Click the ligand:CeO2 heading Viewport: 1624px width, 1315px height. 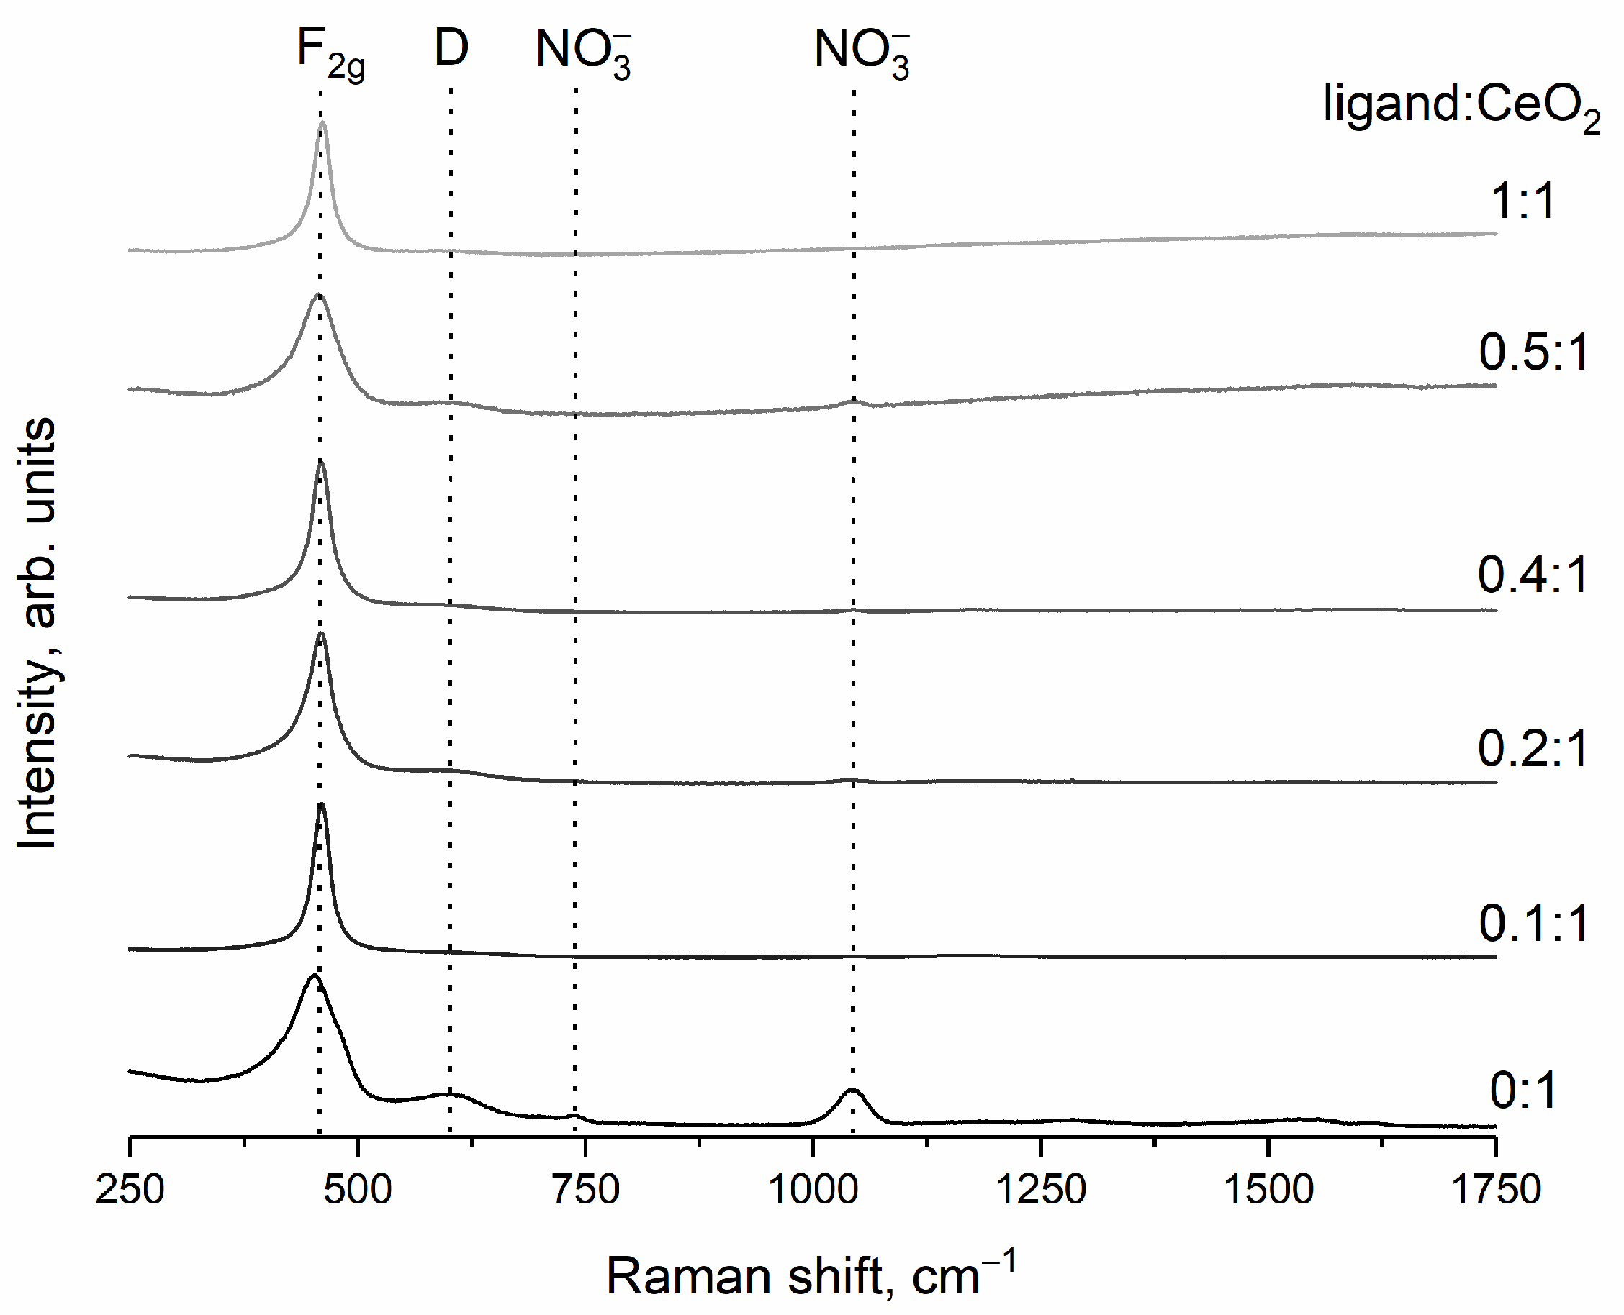tap(1461, 106)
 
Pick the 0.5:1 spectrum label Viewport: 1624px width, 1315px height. tap(1533, 352)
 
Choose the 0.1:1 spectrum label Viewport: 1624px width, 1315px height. tap(1533, 924)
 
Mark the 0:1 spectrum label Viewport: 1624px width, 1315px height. tap(1522, 1091)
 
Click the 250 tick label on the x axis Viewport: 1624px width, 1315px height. tap(130, 1189)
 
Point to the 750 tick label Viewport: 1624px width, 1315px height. tap(585, 1189)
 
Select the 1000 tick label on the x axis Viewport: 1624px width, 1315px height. tap(813, 1189)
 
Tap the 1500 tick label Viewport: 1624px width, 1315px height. tap(1268, 1189)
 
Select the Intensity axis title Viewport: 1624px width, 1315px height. tap(37, 632)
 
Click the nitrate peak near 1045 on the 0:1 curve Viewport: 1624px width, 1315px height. tap(852, 1091)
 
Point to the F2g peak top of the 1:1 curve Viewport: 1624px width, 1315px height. tap(322, 124)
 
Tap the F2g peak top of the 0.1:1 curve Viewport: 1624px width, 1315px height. tap(321, 805)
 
